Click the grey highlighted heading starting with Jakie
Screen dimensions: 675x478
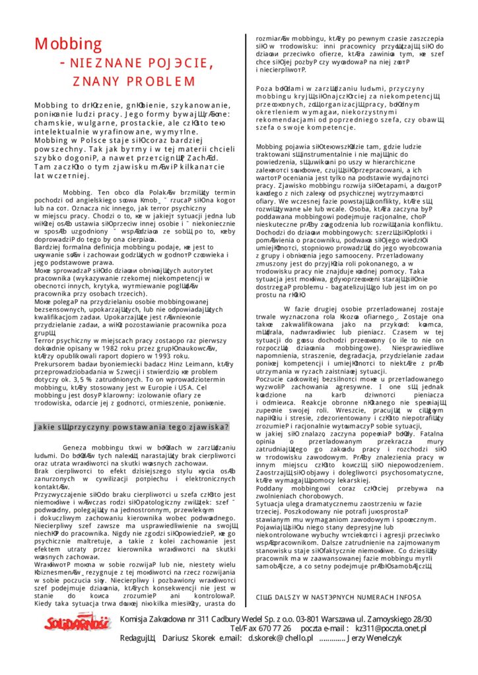click(x=131, y=426)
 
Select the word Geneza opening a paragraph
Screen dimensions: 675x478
click(x=76, y=446)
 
